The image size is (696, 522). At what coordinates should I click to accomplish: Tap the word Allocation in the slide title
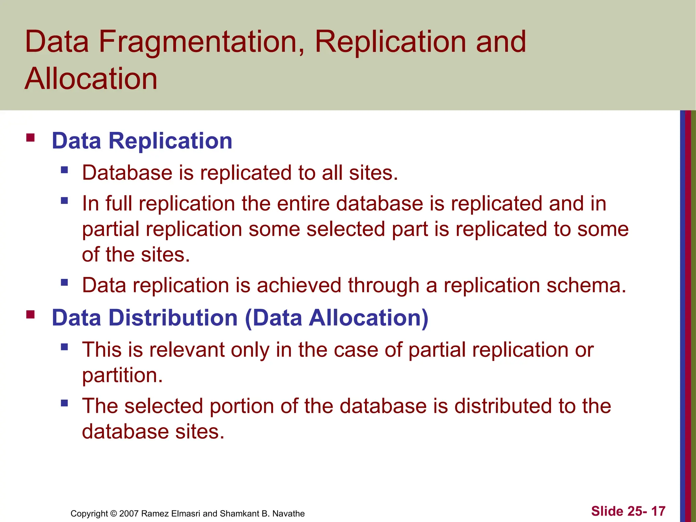coord(91,79)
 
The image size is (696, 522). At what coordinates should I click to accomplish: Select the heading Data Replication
coord(142,141)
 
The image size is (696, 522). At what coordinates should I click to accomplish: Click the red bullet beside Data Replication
coord(31,138)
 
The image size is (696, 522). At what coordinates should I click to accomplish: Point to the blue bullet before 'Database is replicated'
coord(65,170)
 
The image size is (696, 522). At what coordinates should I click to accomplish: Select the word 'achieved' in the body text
coord(299,285)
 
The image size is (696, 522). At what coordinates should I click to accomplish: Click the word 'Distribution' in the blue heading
coord(173,318)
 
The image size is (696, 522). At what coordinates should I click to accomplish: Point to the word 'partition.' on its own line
coord(122,376)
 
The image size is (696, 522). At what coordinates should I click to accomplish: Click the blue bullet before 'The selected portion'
coord(65,403)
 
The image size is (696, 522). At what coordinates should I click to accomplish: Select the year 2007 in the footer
coord(129,514)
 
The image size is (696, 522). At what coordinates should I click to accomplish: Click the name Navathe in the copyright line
coord(289,514)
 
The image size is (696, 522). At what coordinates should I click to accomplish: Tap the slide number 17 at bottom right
coord(658,511)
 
